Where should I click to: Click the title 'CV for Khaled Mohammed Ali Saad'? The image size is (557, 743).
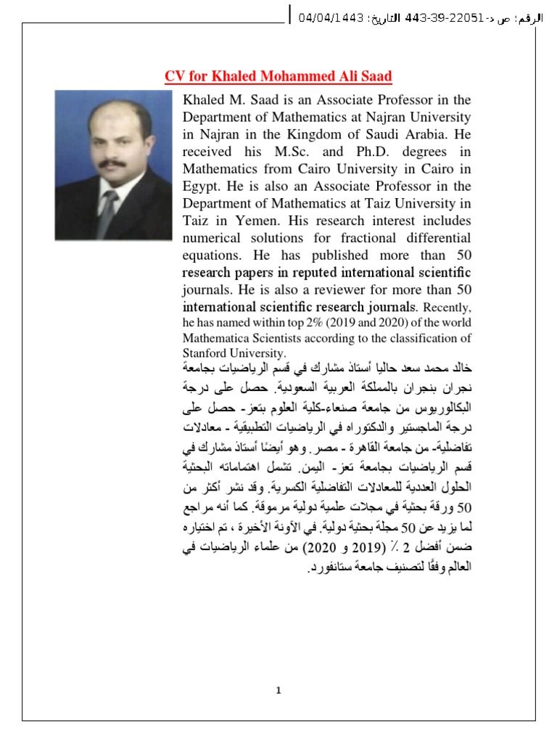tap(278, 77)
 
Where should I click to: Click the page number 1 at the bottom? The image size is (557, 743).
tap(278, 690)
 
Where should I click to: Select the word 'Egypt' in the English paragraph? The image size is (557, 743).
tap(201, 186)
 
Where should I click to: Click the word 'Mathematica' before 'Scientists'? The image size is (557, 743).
tap(216, 338)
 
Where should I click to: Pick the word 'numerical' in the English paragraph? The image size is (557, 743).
tap(213, 239)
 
